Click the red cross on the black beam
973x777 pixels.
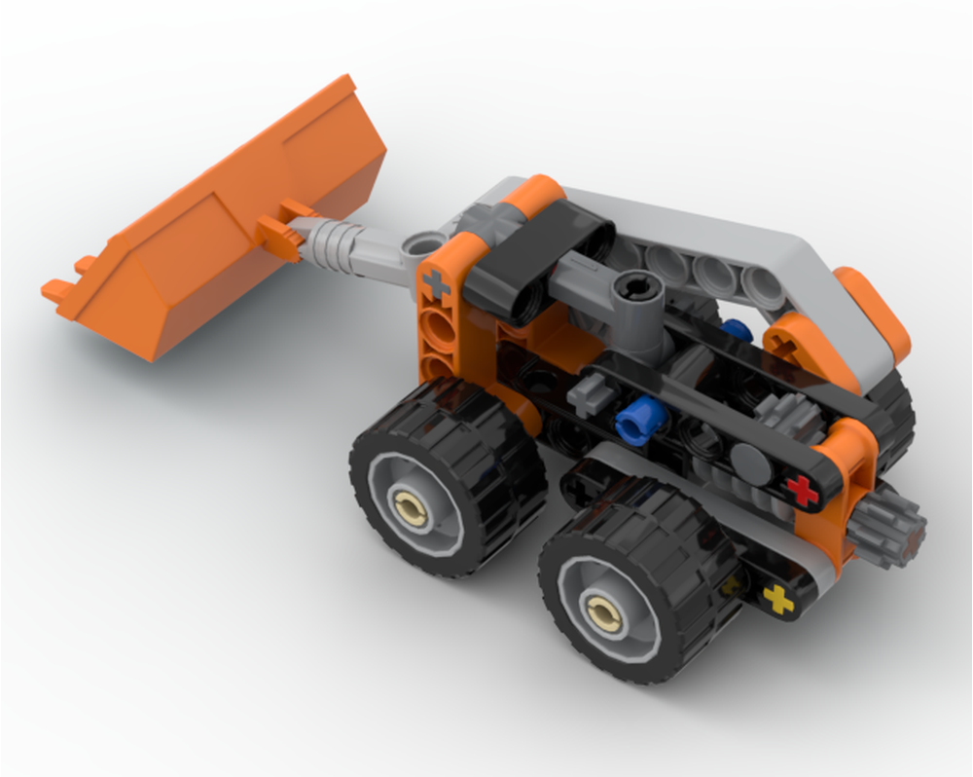pos(802,490)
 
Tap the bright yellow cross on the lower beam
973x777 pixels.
pos(777,599)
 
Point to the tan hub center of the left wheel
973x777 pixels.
pos(409,504)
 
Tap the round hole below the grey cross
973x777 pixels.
pos(440,326)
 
